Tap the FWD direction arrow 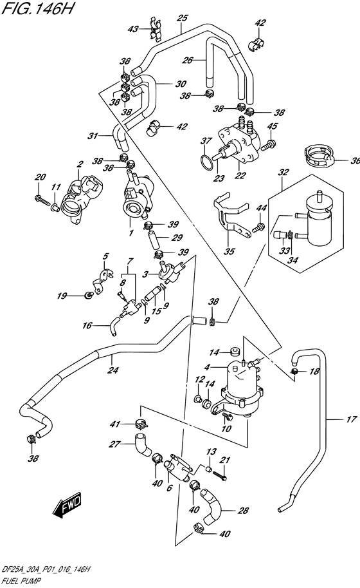click(67, 509)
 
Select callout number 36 click(353, 160)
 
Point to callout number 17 click(350, 419)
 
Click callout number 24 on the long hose click(114, 370)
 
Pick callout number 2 click(80, 164)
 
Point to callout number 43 click(133, 29)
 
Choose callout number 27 click(115, 444)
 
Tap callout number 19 click(62, 296)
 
